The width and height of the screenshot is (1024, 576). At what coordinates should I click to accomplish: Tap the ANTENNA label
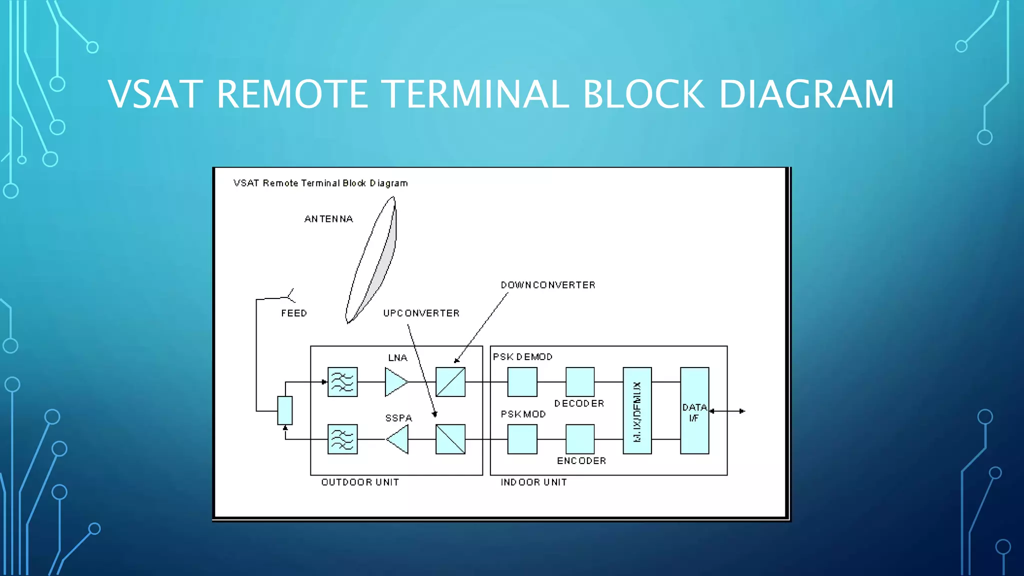(328, 219)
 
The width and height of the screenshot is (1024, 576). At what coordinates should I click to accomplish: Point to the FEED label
(294, 313)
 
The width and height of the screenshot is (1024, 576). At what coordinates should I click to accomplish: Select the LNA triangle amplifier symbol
(395, 382)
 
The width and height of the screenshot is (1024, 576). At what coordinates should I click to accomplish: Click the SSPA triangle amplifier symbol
(398, 439)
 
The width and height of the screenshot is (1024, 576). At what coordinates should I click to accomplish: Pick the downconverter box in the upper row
(450, 382)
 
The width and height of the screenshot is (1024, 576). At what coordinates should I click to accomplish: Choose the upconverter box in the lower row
(450, 439)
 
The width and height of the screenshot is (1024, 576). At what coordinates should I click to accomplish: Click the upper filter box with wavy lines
(342, 382)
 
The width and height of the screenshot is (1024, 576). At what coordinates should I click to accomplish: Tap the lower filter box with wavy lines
(342, 439)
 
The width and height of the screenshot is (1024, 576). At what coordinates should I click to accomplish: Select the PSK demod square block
(522, 382)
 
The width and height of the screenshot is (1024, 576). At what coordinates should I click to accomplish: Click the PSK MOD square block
(522, 439)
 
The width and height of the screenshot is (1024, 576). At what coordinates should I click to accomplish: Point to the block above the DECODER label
(580, 382)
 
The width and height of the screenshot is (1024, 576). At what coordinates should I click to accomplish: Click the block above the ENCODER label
(580, 439)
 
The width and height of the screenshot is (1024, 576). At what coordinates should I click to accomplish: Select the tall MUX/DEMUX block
(637, 410)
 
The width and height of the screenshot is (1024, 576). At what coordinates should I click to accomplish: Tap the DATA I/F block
(694, 410)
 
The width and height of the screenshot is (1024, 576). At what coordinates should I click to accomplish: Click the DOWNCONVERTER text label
(548, 285)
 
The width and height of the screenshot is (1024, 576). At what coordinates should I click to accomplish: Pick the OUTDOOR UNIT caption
(360, 482)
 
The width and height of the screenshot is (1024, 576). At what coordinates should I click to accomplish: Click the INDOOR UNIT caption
(533, 482)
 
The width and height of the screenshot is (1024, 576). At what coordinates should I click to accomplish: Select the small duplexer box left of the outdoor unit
(285, 410)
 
